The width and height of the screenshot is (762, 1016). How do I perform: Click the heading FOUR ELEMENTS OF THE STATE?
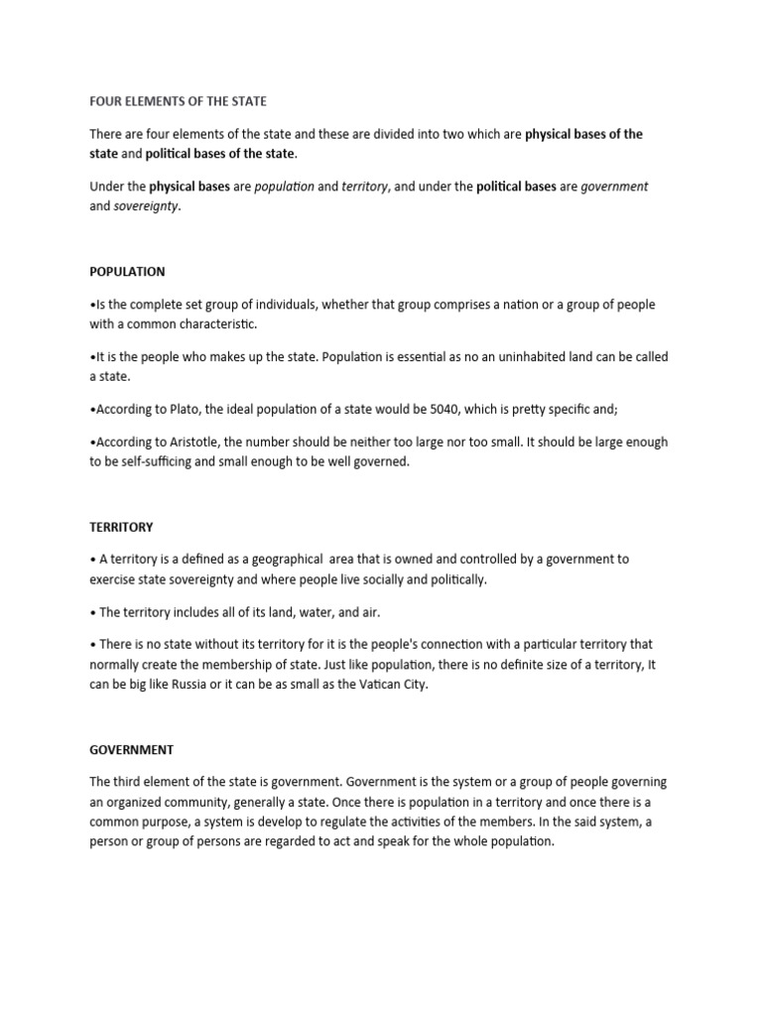click(x=179, y=101)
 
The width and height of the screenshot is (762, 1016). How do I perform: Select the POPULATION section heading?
click(x=127, y=271)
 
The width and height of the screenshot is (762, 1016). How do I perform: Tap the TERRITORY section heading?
click(x=121, y=527)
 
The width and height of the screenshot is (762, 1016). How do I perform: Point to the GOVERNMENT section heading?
click(x=131, y=750)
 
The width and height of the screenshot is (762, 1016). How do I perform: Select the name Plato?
click(x=179, y=411)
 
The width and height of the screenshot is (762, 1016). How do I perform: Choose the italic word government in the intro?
click(x=614, y=187)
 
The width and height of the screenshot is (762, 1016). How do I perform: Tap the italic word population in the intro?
click(x=284, y=187)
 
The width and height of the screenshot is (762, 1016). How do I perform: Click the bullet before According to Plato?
click(x=92, y=411)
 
